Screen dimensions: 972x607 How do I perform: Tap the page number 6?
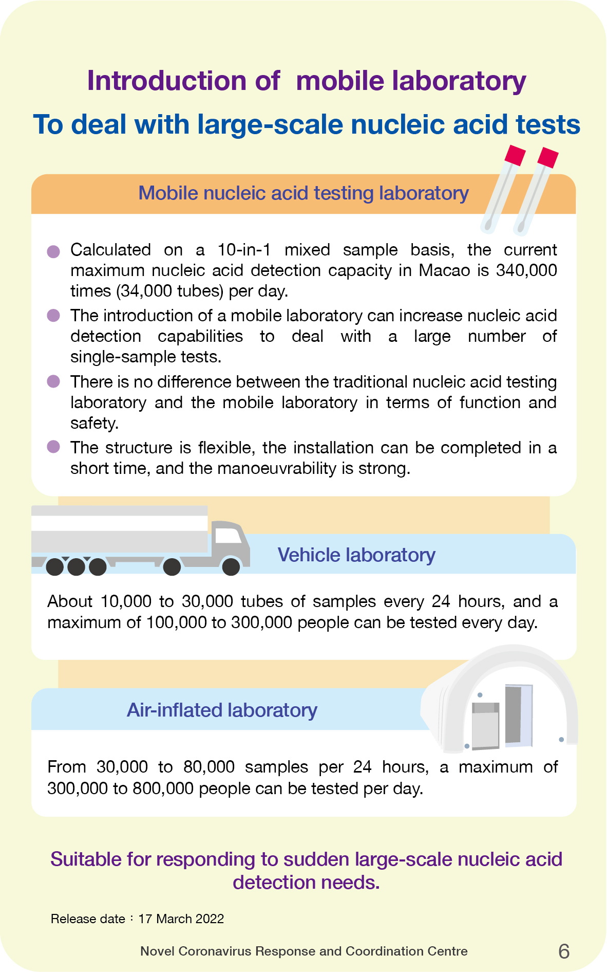(x=563, y=951)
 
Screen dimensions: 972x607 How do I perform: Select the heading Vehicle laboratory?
(x=356, y=555)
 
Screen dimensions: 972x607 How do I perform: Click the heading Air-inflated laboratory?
(x=222, y=710)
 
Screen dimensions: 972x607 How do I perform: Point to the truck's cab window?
(x=227, y=536)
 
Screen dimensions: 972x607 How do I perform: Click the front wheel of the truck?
(x=231, y=566)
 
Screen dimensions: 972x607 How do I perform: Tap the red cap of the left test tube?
(x=515, y=155)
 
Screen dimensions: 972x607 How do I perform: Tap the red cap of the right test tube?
(x=547, y=157)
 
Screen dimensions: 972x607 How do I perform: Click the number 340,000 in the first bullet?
(x=526, y=270)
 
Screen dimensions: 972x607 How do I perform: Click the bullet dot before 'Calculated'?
(x=53, y=251)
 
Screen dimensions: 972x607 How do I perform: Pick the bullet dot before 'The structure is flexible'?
(x=53, y=447)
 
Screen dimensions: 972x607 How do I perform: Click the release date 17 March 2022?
(x=181, y=919)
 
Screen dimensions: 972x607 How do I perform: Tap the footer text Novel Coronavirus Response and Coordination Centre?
(x=303, y=951)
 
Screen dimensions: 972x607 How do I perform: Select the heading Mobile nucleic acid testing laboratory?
(x=303, y=193)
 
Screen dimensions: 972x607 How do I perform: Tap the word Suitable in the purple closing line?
(x=86, y=859)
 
